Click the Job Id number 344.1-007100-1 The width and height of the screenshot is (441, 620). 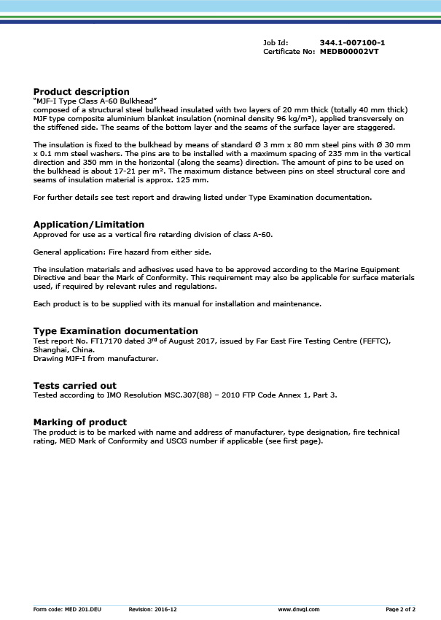[x=352, y=43]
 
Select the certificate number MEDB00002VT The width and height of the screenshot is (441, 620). [x=349, y=52]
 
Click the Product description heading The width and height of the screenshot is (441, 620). [x=82, y=92]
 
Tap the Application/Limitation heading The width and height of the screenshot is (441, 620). [x=89, y=225]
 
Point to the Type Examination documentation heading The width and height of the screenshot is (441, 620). [x=116, y=331]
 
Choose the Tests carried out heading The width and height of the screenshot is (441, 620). [x=75, y=386]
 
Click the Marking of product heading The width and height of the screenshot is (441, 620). [x=80, y=422]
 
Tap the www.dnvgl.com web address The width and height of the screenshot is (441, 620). [x=299, y=608]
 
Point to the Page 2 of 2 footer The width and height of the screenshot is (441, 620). [x=401, y=608]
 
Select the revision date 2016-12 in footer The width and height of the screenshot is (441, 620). [x=165, y=608]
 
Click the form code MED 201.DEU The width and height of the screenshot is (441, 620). [x=84, y=608]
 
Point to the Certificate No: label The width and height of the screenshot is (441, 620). [x=289, y=52]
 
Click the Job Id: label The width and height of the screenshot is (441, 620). [x=276, y=43]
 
